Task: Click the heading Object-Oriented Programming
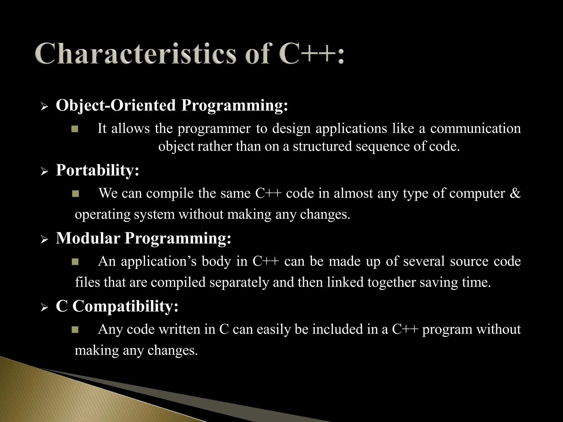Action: click(172, 105)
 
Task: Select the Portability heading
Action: click(97, 170)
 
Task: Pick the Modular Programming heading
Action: click(143, 238)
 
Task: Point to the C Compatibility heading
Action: click(117, 306)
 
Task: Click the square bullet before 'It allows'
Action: click(75, 129)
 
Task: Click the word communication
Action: click(475, 129)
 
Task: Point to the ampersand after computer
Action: click(515, 193)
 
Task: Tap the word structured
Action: click(322, 146)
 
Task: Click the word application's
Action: click(159, 261)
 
